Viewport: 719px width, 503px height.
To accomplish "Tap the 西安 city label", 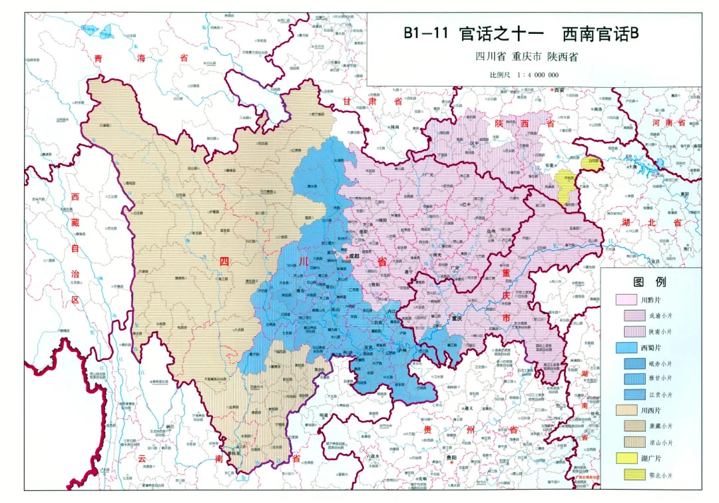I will click(x=557, y=90).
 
